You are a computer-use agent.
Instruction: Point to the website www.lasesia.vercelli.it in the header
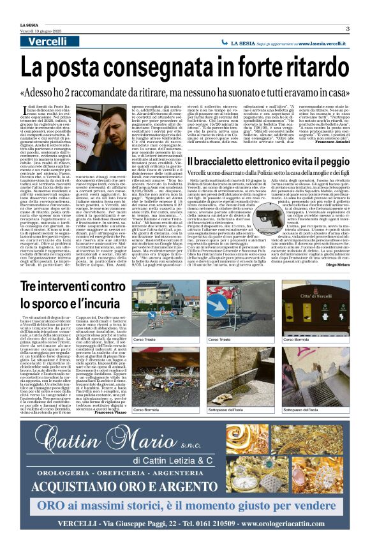point(323,42)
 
